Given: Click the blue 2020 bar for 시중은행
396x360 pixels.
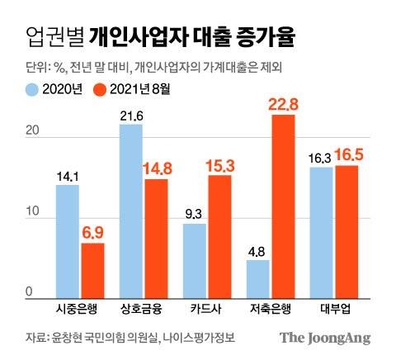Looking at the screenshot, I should coord(68,239).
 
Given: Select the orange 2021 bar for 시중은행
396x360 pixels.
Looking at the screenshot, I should coord(92,268).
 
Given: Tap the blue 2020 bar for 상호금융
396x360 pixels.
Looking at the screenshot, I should coord(131,210).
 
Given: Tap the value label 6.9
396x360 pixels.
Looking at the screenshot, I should coord(92,232).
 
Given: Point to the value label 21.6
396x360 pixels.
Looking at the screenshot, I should coord(131,113).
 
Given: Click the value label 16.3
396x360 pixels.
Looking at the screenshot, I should coord(322,155).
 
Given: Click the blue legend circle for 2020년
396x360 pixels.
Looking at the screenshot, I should coord(34,89).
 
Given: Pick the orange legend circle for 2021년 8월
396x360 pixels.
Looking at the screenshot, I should coord(102,89).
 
